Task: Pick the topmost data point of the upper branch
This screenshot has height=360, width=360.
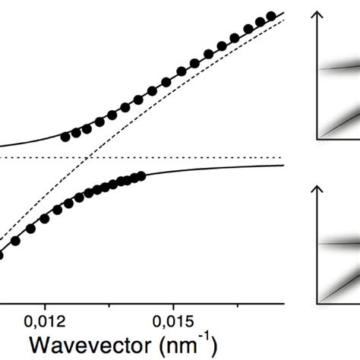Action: pos(270,17)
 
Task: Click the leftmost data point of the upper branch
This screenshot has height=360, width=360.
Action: pos(65,137)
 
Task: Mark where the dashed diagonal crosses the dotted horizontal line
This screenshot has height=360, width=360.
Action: pos(90,158)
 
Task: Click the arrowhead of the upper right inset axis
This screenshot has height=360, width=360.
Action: pos(317,14)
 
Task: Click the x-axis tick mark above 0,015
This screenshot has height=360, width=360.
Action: pos(172,302)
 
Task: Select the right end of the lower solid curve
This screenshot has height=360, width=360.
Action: pos(283,166)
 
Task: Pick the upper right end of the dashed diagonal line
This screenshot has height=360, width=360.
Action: pos(283,20)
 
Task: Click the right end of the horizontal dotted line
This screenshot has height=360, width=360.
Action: pos(283,158)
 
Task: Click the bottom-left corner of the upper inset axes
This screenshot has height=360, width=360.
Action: pos(317,140)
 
